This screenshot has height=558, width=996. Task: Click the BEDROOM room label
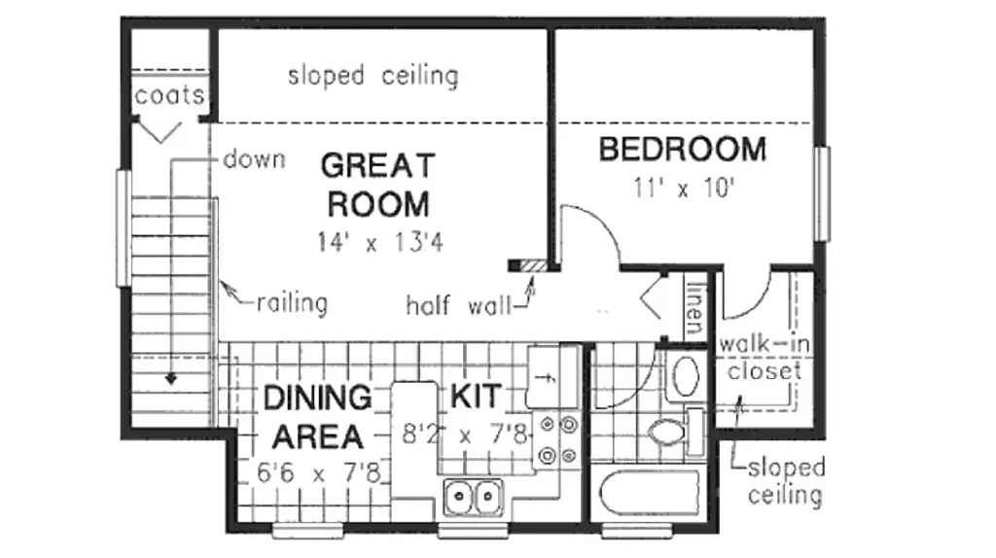click(x=683, y=150)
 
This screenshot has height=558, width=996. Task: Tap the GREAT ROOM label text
click(x=378, y=185)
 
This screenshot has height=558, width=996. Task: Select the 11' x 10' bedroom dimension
click(x=684, y=188)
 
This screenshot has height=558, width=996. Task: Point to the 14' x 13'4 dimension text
click(x=380, y=242)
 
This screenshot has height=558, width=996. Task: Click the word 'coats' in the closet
click(x=169, y=96)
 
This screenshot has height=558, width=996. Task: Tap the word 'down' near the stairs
click(x=254, y=159)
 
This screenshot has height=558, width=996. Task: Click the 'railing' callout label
click(x=292, y=303)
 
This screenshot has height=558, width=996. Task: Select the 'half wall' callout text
click(x=459, y=306)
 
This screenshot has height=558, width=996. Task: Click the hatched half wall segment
click(x=534, y=266)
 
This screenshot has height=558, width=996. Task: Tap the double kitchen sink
click(x=474, y=497)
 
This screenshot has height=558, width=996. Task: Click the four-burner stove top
click(x=556, y=439)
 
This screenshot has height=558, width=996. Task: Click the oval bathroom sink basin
click(x=686, y=376)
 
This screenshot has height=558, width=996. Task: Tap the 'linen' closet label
click(x=696, y=308)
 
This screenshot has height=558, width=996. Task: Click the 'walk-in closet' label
click(x=765, y=358)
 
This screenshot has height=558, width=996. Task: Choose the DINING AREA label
click(x=317, y=417)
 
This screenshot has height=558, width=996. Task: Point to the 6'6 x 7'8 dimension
click(x=319, y=472)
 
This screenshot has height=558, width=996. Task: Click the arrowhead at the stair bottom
click(x=171, y=379)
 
